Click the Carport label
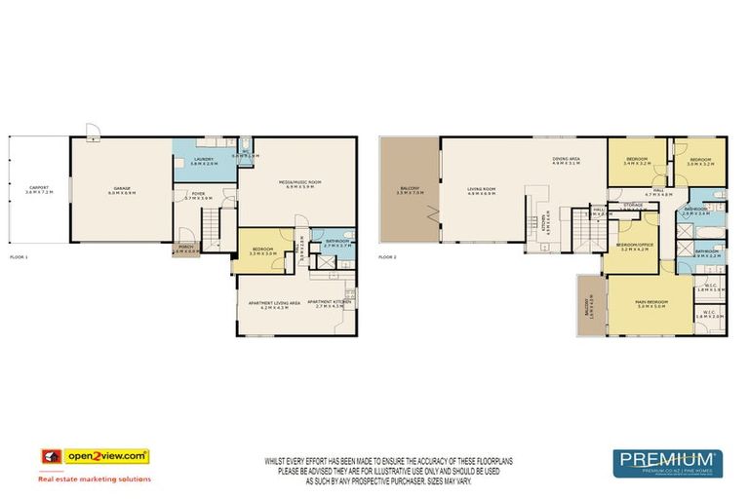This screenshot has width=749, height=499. click(38, 187)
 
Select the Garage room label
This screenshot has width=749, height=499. click(122, 189)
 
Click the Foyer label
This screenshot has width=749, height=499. click(198, 195)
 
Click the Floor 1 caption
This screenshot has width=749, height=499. click(20, 257)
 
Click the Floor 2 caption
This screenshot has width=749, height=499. click(389, 257)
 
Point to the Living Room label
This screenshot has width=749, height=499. click(482, 191)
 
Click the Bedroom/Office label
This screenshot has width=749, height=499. click(634, 248)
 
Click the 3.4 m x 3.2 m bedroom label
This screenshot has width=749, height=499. click(638, 160)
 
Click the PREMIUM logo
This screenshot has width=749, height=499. click(667, 458)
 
